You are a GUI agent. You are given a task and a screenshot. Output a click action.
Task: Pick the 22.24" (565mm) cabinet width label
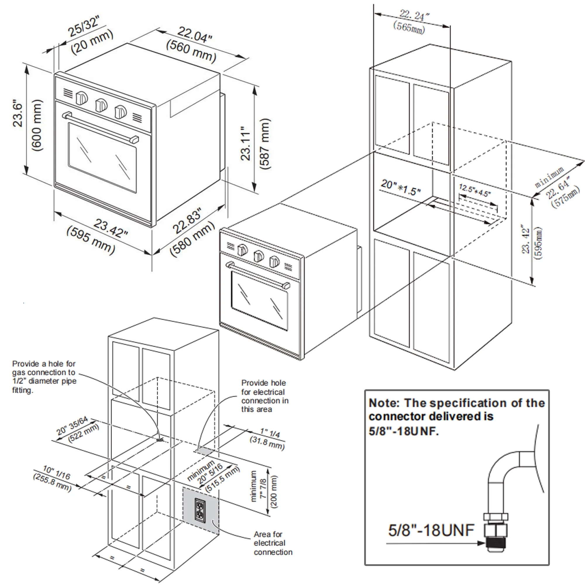coord(412,21)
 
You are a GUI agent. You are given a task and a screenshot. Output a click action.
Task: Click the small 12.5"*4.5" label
coord(474,190)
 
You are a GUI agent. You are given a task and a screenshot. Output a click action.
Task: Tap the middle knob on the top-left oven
coord(101,105)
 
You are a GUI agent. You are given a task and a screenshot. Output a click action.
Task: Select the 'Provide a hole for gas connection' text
coord(44,377)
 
